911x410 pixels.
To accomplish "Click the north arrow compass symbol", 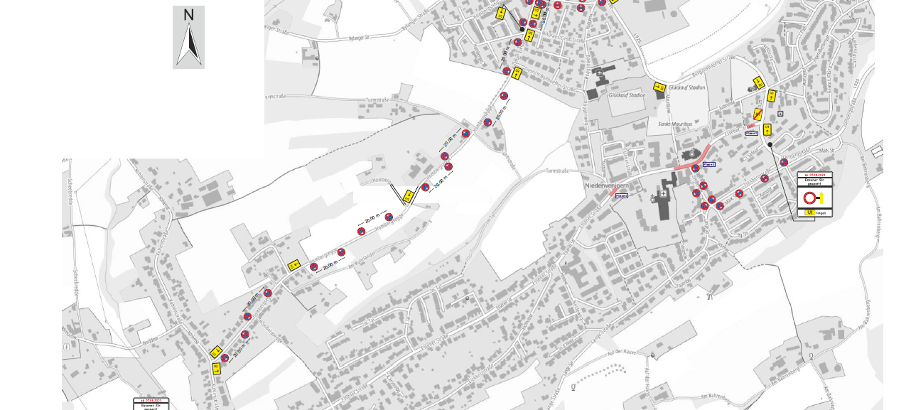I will tap(188, 37).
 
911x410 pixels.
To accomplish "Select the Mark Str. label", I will tap(826, 151).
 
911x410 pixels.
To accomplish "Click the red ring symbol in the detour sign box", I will tap(809, 198).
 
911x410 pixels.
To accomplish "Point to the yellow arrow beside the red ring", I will tap(819, 198).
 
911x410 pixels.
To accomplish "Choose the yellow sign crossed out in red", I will tap(759, 114).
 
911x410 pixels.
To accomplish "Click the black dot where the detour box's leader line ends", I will tap(770, 144).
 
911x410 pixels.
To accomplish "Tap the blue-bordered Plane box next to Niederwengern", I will tap(622, 195).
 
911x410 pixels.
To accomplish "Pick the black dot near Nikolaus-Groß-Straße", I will tap(522, 29).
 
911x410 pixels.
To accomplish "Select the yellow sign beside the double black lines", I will tap(409, 195).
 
